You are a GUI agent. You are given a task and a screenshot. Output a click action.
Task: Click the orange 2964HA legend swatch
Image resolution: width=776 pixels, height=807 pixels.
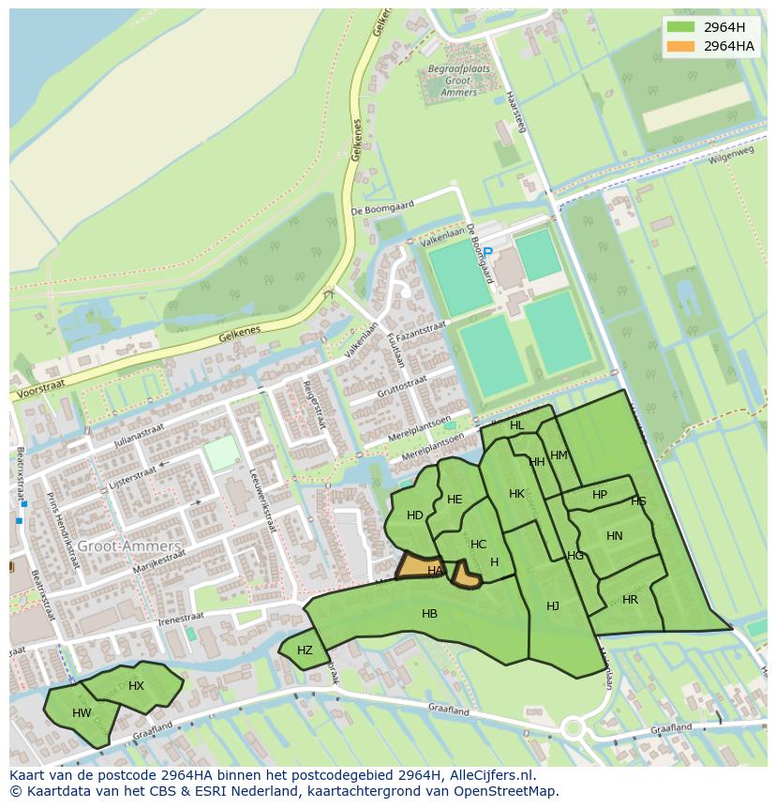681,46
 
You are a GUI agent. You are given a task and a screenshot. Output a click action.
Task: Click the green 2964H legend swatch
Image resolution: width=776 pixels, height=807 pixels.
681,26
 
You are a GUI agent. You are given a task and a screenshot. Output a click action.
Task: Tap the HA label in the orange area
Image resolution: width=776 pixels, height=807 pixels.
435,570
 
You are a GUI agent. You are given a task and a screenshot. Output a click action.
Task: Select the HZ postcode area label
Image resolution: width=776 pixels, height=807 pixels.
305,650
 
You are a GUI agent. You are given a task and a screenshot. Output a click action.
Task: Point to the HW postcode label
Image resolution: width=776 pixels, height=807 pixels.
82,713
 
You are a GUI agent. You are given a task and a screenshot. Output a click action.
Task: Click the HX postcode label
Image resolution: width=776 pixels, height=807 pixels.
136,685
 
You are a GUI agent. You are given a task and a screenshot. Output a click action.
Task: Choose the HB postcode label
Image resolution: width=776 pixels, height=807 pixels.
429,614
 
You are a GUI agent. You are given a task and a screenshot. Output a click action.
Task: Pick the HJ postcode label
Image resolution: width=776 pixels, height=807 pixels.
553,606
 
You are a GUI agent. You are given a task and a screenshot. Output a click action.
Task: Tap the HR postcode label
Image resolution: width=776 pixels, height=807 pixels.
630,600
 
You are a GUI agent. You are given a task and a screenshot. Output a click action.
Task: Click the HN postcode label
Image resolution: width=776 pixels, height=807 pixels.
614,536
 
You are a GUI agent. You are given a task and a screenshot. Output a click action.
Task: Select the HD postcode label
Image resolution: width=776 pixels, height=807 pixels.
414,515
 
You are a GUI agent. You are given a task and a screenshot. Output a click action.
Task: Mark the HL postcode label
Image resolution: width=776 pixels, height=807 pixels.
516,426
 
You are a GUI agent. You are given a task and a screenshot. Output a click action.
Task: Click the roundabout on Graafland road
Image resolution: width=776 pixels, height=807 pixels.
573,728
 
